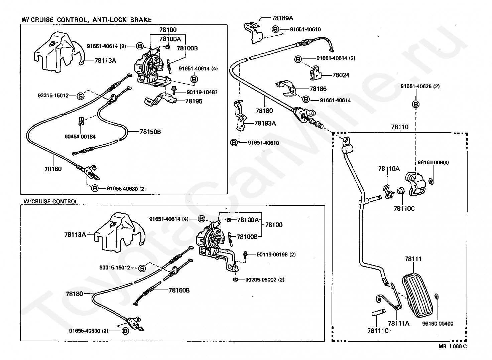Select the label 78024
point(341,75)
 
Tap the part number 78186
point(318,89)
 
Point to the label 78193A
point(265,123)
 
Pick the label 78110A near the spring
point(389,169)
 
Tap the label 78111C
point(378,331)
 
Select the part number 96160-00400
point(438,324)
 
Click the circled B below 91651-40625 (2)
point(416,105)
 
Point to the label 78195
point(194,101)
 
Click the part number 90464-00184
point(80,136)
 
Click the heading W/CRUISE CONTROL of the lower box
point(50,201)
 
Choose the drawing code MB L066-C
point(453,346)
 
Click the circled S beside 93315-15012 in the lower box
point(142,268)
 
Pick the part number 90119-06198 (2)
point(276,254)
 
